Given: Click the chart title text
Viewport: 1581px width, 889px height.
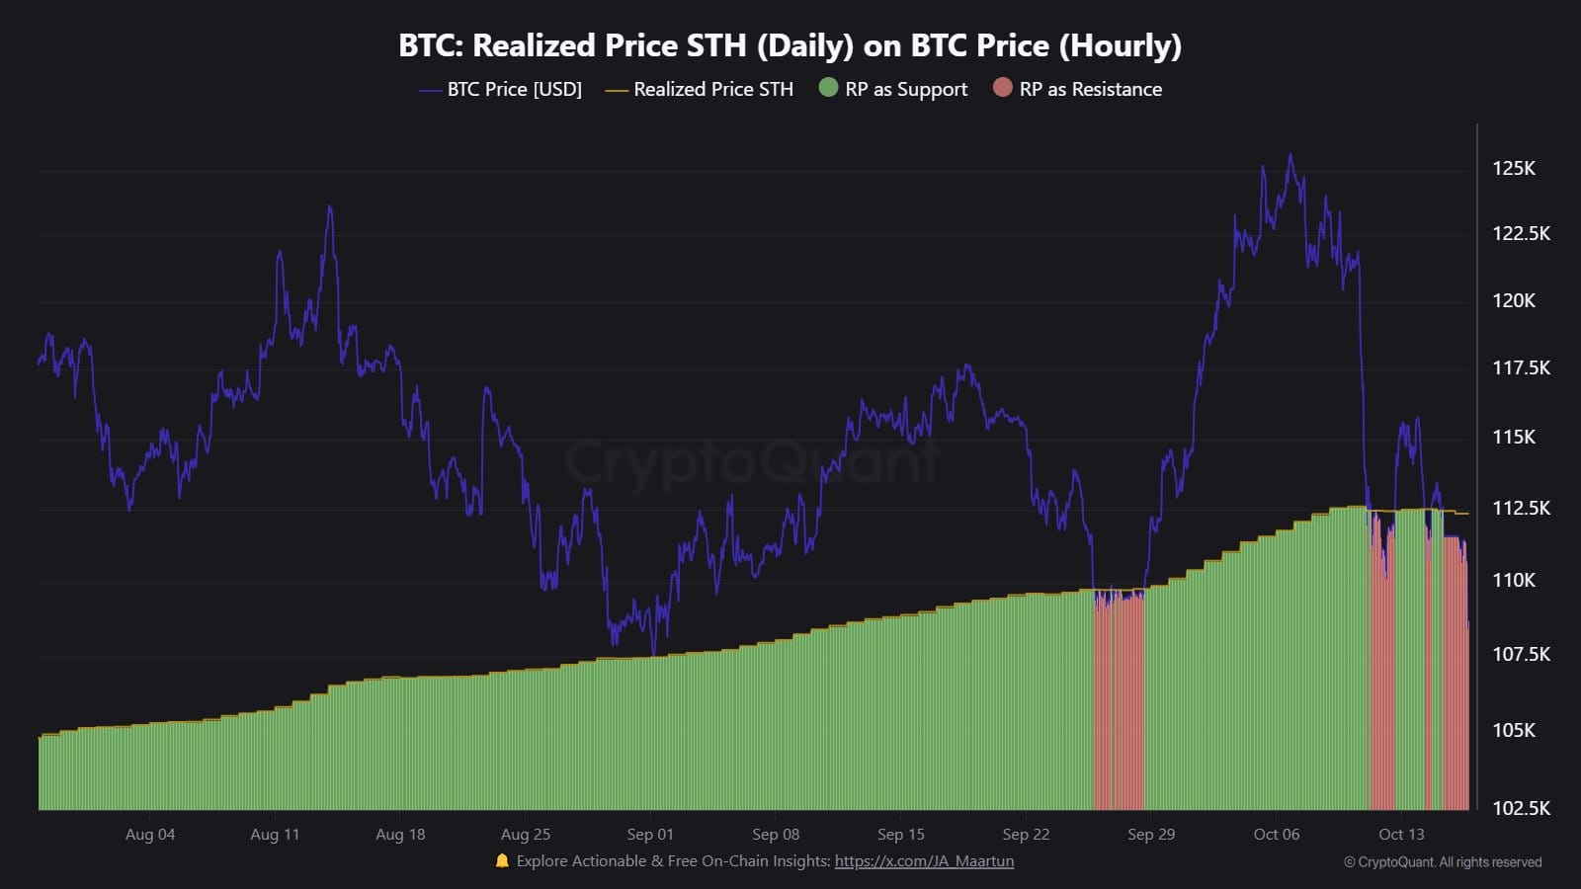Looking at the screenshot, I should [x=790, y=45].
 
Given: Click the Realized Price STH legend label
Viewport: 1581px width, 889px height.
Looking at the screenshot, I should [x=712, y=89].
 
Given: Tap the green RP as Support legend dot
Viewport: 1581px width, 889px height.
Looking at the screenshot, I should [x=828, y=88].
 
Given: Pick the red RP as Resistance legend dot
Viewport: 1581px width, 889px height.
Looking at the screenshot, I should [x=1003, y=88].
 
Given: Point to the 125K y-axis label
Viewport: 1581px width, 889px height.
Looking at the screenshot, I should [x=1513, y=168].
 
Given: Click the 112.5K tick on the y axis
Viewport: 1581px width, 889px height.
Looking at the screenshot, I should [x=1521, y=508].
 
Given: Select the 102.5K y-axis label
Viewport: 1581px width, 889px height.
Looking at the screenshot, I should [x=1521, y=808].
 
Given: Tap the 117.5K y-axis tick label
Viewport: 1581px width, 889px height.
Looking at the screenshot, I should [x=1521, y=367].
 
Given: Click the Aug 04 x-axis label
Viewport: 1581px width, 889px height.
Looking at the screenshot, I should [x=150, y=835].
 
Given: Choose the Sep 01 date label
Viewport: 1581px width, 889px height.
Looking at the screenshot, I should [x=650, y=835].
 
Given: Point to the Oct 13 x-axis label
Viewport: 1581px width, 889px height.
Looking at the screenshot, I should [x=1401, y=835].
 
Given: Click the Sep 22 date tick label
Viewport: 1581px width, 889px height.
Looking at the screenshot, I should [x=1026, y=835].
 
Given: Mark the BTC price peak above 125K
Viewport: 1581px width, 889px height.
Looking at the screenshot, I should [x=1290, y=155].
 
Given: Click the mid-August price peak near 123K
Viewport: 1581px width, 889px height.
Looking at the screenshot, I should [x=330, y=206].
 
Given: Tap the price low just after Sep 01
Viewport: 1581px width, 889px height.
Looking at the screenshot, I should [x=653, y=652].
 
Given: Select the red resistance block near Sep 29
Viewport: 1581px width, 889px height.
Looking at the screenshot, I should [x=1119, y=701].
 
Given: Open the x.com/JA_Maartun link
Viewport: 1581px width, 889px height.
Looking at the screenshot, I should [x=924, y=861].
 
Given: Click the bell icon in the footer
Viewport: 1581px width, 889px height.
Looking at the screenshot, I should [x=502, y=861].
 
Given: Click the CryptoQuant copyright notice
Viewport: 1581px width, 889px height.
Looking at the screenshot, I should [x=1443, y=862].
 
